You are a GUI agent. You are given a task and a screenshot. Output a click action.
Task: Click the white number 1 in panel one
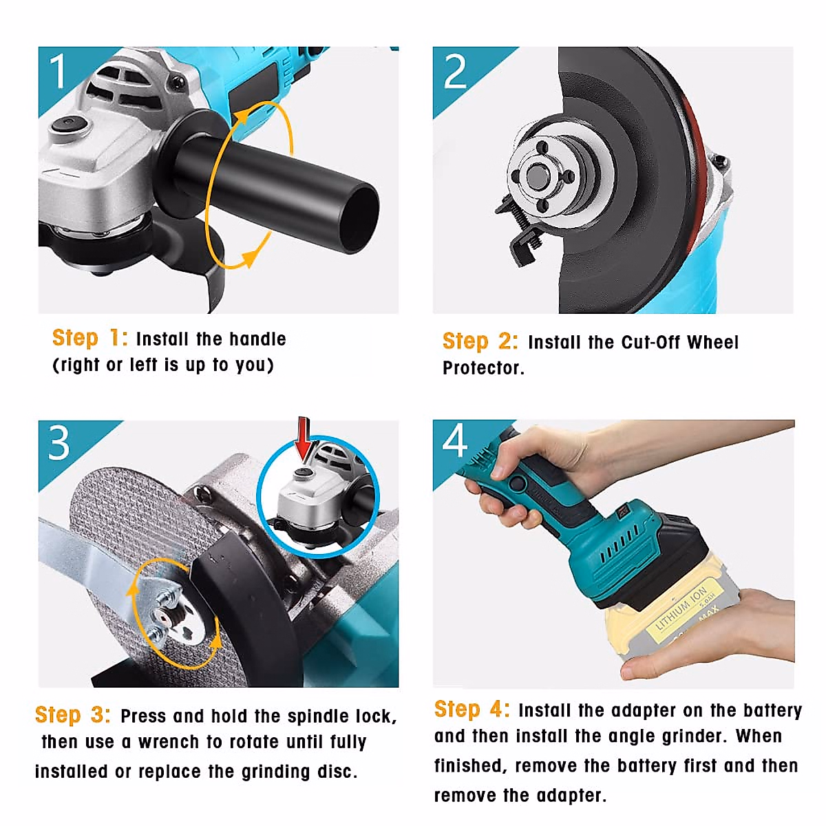pyautogui.click(x=58, y=71)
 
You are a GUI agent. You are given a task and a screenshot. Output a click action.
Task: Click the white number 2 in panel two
pyautogui.click(x=454, y=71)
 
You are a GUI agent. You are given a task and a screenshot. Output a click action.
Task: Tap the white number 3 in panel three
pyautogui.click(x=59, y=443)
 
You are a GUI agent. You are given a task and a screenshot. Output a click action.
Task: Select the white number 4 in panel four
pyautogui.click(x=454, y=441)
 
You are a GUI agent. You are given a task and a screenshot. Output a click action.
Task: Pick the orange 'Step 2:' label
pyautogui.click(x=480, y=341)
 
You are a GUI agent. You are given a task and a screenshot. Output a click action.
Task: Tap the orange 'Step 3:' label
pyautogui.click(x=73, y=714)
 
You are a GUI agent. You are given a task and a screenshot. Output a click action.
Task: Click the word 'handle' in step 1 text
pyautogui.click(x=257, y=339)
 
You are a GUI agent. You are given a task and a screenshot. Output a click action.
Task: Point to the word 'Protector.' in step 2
pyautogui.click(x=483, y=368)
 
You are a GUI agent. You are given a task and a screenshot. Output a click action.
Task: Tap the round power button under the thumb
pyautogui.click(x=518, y=483)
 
